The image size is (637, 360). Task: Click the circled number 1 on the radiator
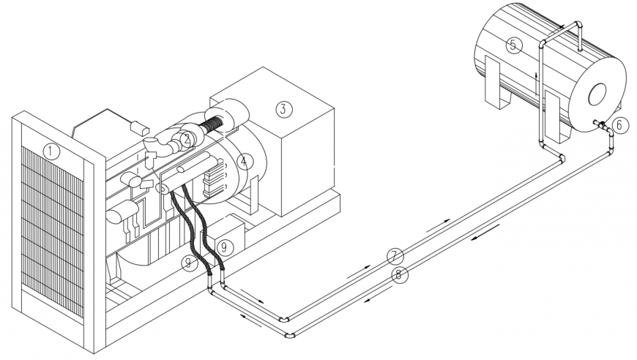point(51,151)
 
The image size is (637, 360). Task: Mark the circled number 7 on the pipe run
point(395,256)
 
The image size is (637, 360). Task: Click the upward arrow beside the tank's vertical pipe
point(537,77)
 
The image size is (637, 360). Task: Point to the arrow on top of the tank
point(562,27)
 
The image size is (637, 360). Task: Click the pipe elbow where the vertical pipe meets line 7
point(560,158)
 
